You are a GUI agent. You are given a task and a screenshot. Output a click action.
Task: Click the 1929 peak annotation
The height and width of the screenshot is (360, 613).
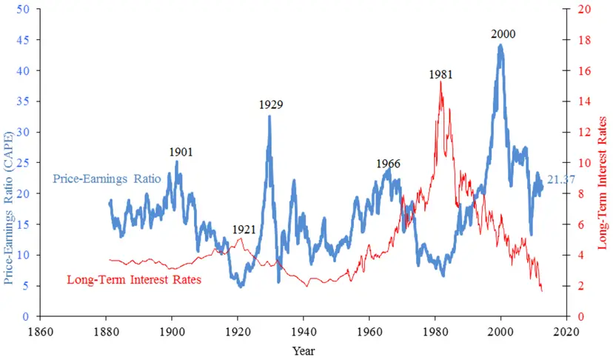click(x=270, y=105)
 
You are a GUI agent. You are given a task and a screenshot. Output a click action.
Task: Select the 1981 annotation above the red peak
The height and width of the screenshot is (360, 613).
click(x=441, y=74)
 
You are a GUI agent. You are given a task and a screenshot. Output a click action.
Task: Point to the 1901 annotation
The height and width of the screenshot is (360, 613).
click(x=181, y=152)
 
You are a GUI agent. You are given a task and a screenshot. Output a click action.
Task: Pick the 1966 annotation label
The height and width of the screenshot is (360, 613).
click(x=388, y=164)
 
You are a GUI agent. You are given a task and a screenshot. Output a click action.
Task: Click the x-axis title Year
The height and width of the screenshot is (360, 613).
click(x=303, y=349)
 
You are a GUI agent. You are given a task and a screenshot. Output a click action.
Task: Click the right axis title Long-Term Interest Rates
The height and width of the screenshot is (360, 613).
click(x=602, y=181)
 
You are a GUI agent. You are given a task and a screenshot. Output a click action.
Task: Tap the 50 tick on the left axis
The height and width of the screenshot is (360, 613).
click(x=24, y=10)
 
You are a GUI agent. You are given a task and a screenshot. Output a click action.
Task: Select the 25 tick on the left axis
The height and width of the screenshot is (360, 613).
click(x=24, y=163)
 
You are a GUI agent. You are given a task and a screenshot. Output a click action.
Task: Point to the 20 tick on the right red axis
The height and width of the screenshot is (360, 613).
click(x=583, y=10)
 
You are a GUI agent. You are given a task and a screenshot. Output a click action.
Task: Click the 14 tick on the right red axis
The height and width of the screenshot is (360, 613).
click(x=583, y=101)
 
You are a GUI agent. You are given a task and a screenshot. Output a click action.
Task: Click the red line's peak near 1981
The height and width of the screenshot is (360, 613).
click(x=441, y=82)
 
